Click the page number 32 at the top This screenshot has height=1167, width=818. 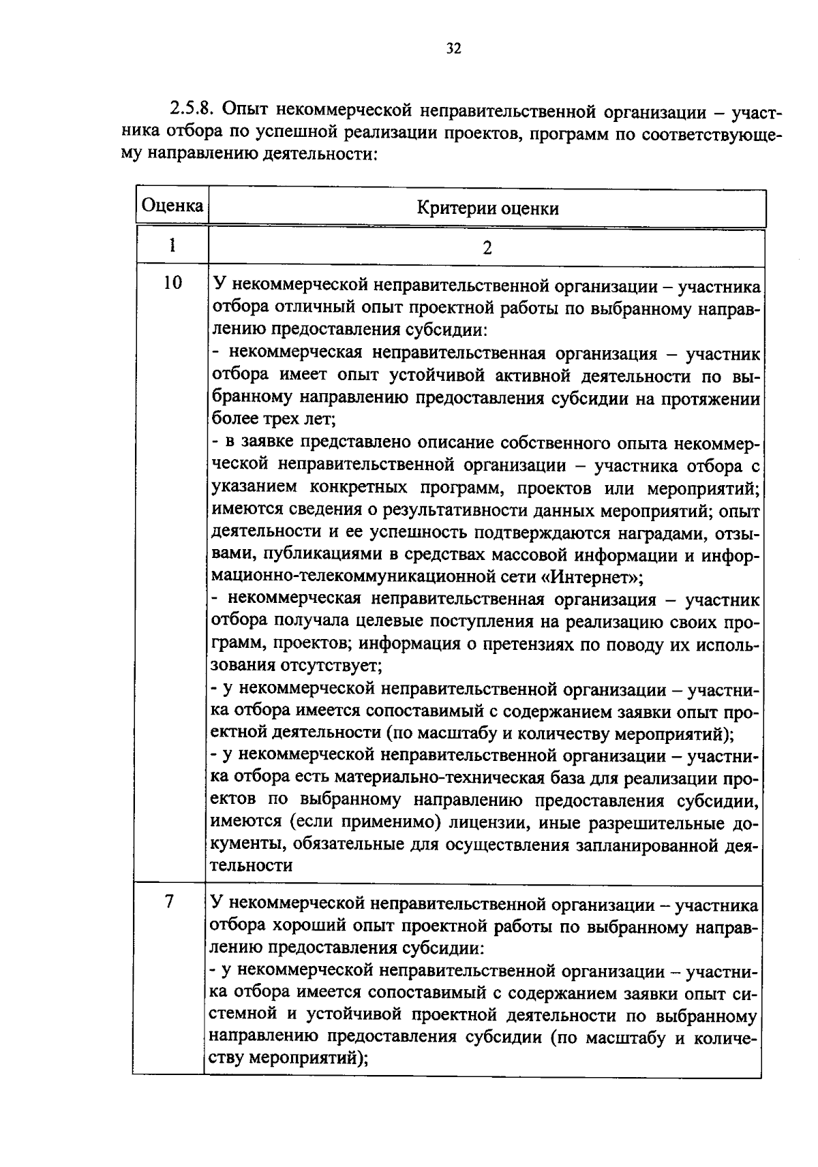pyautogui.click(x=453, y=48)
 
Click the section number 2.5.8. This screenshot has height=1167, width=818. pyautogui.click(x=193, y=109)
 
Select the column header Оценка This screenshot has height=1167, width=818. pyautogui.click(x=172, y=205)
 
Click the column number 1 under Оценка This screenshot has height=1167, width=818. pyautogui.click(x=172, y=245)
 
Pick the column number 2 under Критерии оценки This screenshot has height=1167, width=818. pyautogui.click(x=487, y=247)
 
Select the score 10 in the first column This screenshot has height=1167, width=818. pyautogui.click(x=173, y=282)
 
